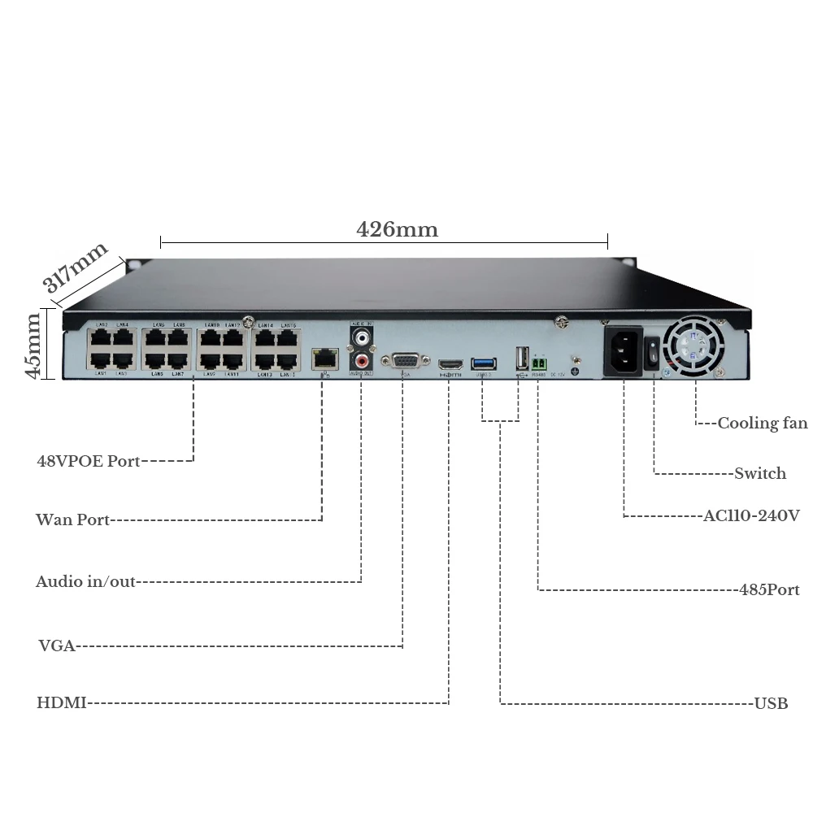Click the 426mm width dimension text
pyautogui.click(x=397, y=229)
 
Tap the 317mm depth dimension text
pyautogui.click(x=76, y=268)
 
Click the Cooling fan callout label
pyautogui.click(x=762, y=423)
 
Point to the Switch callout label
pyautogui.click(x=760, y=473)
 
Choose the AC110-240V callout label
pyautogui.click(x=751, y=515)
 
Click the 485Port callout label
pyautogui.click(x=769, y=589)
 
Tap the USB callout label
pyautogui.click(x=771, y=703)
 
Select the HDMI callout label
pyautogui.click(x=61, y=702)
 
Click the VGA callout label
pyautogui.click(x=56, y=646)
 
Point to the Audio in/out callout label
pyautogui.click(x=85, y=581)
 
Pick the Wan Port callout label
pyautogui.click(x=72, y=520)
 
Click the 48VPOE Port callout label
pyautogui.click(x=88, y=461)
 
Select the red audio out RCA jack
pyautogui.click(x=361, y=358)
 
